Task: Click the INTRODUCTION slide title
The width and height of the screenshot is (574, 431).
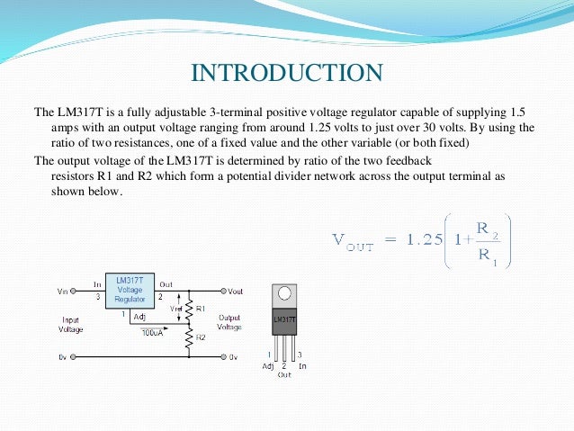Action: point(287,72)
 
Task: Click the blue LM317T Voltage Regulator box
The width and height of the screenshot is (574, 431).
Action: point(130,290)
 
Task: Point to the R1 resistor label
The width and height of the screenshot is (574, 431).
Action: point(201,308)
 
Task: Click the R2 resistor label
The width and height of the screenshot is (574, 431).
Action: point(200,337)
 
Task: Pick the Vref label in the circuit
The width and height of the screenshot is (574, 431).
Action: point(175,307)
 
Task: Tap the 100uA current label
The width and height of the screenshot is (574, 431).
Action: point(152,333)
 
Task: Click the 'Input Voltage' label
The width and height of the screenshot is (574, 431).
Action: point(72,324)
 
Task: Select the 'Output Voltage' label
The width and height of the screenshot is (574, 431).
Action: point(230,322)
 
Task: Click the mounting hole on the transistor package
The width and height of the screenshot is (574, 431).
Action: point(285,292)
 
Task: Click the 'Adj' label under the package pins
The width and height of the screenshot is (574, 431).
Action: point(268,367)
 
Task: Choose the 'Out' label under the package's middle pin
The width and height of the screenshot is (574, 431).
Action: point(284,374)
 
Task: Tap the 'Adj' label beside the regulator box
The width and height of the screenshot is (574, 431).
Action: point(139,317)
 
